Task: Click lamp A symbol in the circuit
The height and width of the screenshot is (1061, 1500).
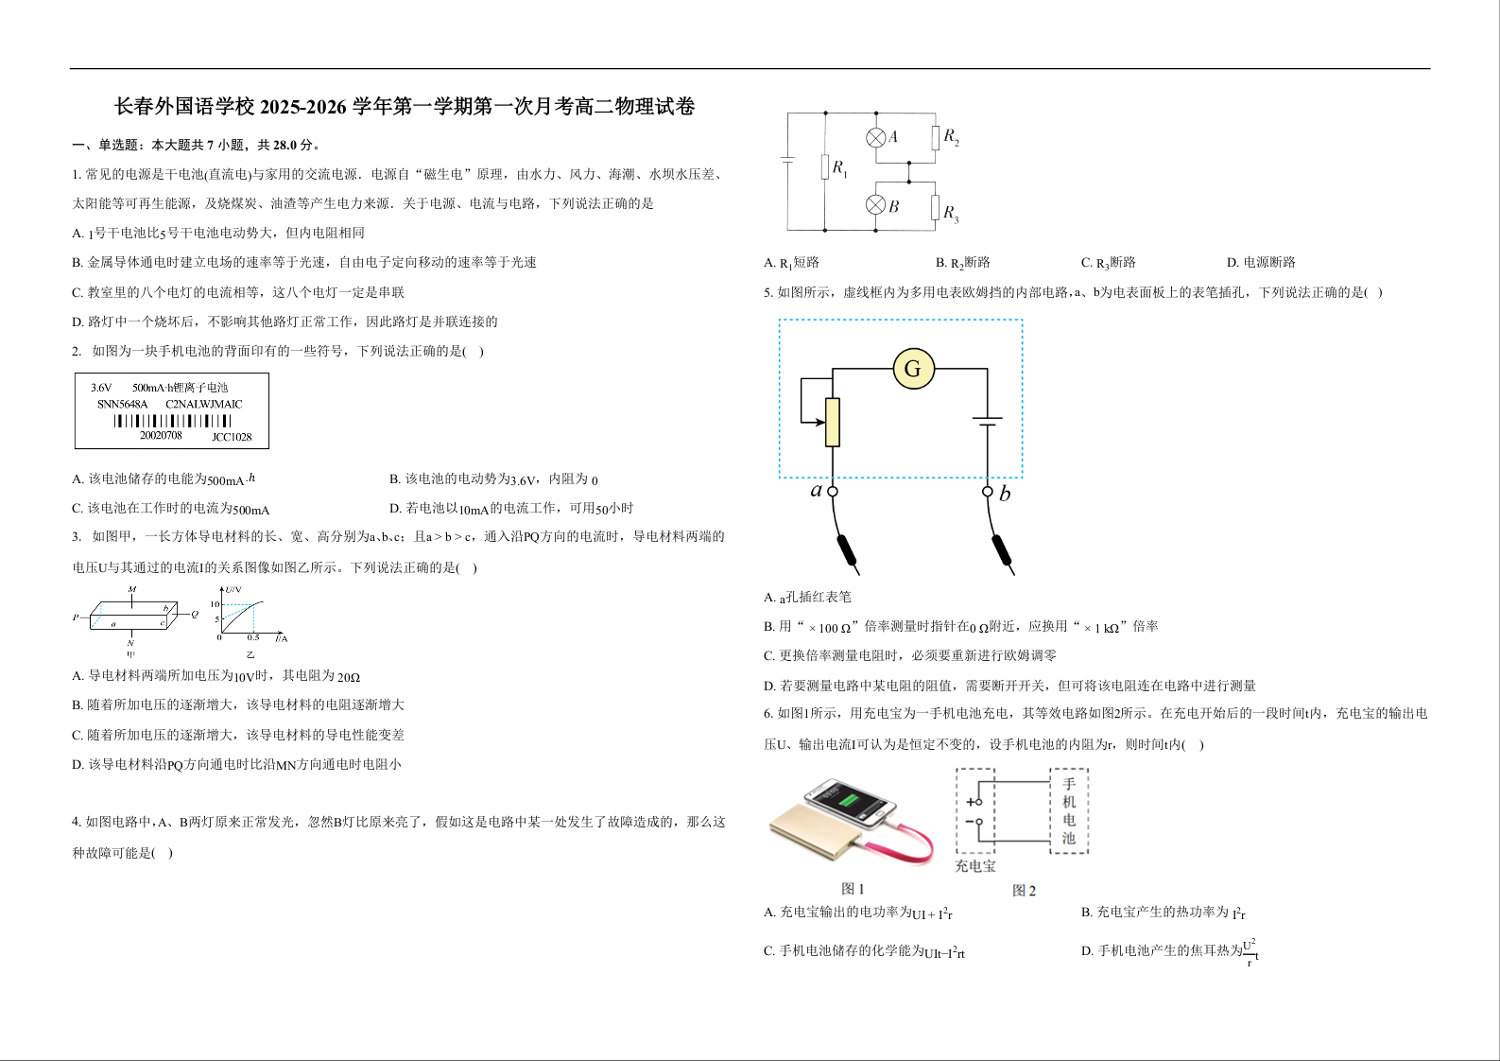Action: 876,137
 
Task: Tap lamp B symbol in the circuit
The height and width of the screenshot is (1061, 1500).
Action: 876,205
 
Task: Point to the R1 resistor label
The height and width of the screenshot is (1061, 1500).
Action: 839,169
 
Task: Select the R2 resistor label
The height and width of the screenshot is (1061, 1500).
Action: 951,137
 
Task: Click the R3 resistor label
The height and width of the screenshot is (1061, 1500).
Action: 951,213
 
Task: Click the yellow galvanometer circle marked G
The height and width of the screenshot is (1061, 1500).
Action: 913,369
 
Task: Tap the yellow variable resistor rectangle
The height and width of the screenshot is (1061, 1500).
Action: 833,422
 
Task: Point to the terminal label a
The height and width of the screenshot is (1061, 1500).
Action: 817,490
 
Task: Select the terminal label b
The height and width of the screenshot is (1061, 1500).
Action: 1005,494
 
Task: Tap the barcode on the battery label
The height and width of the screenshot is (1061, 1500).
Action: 172,421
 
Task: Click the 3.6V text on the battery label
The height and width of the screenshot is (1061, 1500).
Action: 101,388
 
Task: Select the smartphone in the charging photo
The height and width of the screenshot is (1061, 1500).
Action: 849,804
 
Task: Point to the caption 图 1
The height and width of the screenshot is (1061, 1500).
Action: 853,889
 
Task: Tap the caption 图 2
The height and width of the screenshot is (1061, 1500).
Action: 1024,891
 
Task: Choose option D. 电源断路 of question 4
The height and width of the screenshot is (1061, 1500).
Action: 1261,262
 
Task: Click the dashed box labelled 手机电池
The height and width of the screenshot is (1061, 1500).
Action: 1069,810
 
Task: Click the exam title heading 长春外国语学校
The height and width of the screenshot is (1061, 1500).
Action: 405,107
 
